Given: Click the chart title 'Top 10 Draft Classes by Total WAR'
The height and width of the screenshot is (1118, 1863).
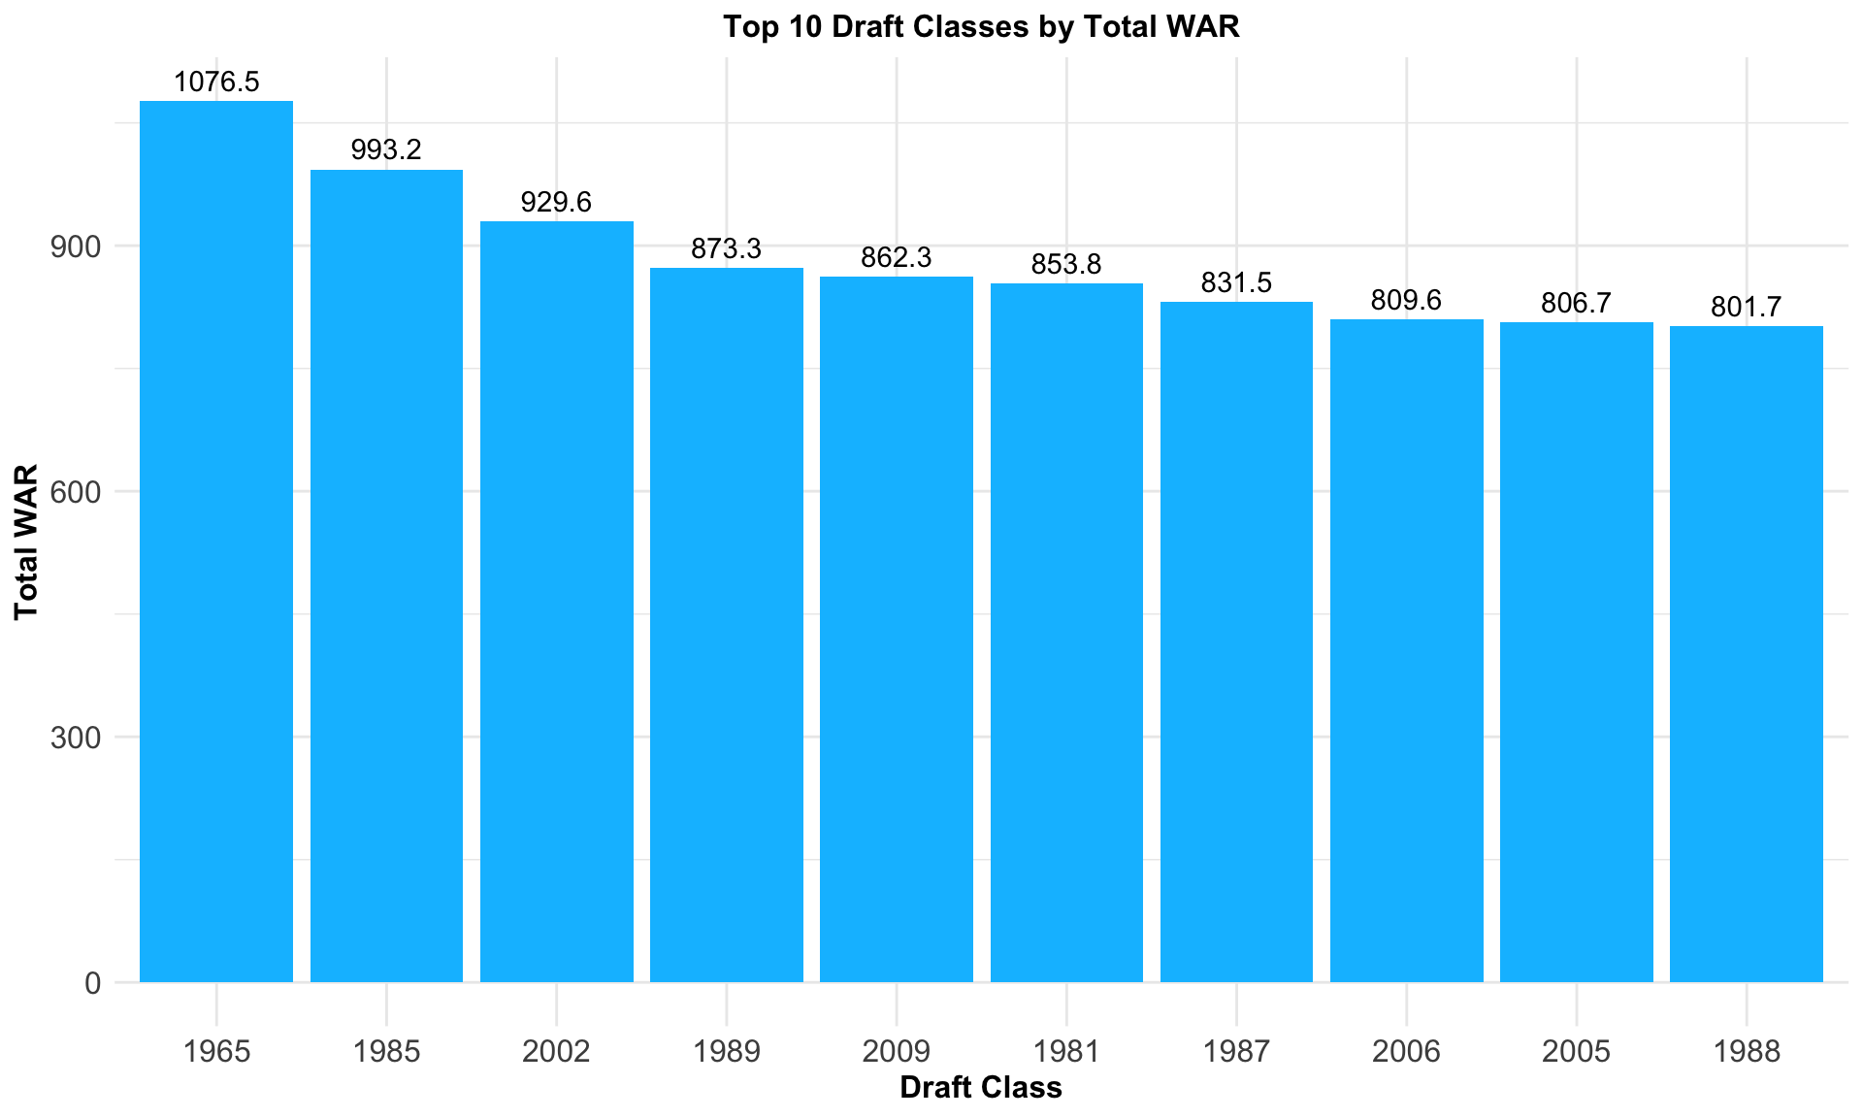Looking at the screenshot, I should pyautogui.click(x=981, y=26).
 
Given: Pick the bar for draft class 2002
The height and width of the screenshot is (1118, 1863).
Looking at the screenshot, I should pyautogui.click(x=556, y=602).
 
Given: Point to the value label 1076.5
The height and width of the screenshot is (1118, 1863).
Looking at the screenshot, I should pyautogui.click(x=216, y=82).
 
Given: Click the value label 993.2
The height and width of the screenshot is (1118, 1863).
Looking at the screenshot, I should pyautogui.click(x=386, y=150).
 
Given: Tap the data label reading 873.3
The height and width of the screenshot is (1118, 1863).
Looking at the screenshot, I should pyautogui.click(x=726, y=249).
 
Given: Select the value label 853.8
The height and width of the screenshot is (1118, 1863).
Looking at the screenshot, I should pyautogui.click(x=1066, y=265).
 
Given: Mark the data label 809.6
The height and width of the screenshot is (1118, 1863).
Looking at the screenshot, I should pyautogui.click(x=1406, y=301).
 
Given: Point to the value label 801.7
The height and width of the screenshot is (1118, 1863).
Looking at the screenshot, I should pyautogui.click(x=1747, y=308).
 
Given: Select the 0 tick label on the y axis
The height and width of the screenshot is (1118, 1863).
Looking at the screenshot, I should pyautogui.click(x=93, y=983).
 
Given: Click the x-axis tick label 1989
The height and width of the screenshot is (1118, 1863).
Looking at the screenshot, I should pyautogui.click(x=726, y=1052).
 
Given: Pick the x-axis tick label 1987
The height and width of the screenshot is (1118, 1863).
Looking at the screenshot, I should pyautogui.click(x=1236, y=1052).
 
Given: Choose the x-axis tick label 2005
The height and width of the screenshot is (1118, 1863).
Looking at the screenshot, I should pyautogui.click(x=1576, y=1052).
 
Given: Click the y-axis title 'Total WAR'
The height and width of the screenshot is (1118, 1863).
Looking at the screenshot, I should pyautogui.click(x=26, y=542).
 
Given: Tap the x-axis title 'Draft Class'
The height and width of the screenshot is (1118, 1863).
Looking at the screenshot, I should pyautogui.click(x=981, y=1088).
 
